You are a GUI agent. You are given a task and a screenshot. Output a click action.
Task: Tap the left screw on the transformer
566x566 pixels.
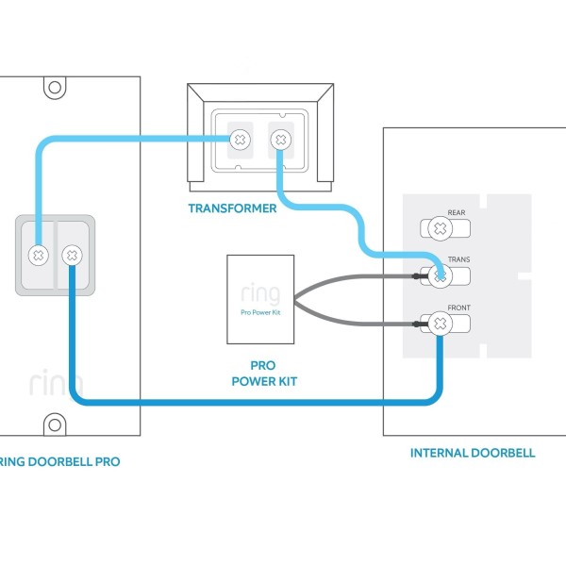(241, 140)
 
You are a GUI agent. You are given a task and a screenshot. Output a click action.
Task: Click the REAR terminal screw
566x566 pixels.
(438, 228)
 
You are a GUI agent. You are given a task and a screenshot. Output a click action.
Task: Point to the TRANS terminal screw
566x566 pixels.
(439, 275)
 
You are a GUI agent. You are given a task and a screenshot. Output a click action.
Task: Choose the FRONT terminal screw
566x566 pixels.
(439, 325)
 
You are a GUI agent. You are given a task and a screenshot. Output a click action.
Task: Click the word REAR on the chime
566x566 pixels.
(457, 213)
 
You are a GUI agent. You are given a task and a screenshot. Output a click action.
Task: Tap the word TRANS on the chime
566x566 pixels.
(458, 259)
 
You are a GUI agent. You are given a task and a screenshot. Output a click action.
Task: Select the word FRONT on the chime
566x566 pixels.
(459, 308)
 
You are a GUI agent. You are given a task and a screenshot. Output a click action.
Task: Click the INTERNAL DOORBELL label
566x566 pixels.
(472, 453)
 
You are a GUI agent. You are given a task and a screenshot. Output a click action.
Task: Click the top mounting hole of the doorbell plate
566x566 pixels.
(55, 88)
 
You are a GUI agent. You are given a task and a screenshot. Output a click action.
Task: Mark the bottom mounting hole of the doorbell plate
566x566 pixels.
(55, 423)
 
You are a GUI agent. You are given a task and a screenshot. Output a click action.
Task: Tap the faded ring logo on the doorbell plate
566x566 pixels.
(55, 383)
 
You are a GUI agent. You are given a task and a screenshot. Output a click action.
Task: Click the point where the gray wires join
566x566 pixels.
(294, 301)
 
